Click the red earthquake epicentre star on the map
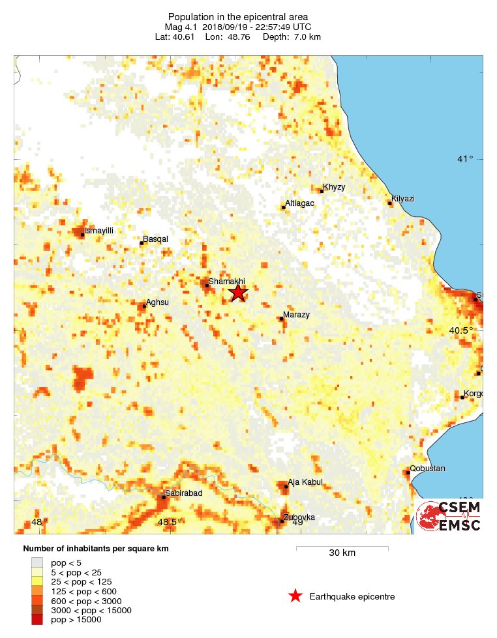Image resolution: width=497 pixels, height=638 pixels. (x=238, y=293)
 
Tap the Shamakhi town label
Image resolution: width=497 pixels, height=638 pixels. (x=221, y=282)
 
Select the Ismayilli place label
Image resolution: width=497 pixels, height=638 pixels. (x=99, y=231)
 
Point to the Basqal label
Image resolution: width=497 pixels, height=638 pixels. (x=155, y=239)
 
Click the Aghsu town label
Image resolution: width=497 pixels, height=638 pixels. (x=157, y=302)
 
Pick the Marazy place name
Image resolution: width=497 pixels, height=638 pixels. (x=296, y=315)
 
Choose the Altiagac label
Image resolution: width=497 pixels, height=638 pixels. (x=300, y=203)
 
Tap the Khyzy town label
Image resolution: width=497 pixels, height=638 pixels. (x=334, y=187)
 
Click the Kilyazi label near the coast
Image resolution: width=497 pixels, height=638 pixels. (x=403, y=199)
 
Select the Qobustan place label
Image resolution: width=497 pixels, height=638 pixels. (x=427, y=469)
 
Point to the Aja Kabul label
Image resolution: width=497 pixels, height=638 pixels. (x=305, y=483)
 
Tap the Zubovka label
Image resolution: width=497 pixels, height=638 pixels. (x=299, y=517)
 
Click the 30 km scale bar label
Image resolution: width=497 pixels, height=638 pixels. (x=342, y=553)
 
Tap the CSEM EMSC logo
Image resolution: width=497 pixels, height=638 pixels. (x=450, y=516)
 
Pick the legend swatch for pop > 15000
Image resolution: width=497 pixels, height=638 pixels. (x=38, y=620)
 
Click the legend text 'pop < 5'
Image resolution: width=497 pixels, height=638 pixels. (x=66, y=562)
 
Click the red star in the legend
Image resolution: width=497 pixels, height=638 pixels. (x=295, y=596)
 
